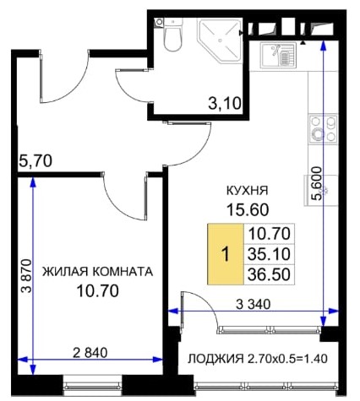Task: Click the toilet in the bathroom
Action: point(172,35)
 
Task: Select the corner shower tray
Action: point(219,40)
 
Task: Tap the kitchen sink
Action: point(278,55)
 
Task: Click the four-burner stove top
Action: point(323,129)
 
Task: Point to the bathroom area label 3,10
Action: point(225,104)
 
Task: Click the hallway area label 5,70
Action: point(35,161)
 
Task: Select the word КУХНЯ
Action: point(248,191)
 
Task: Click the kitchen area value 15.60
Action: point(248,209)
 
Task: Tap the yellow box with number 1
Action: point(226,254)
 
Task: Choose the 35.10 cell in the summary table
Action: point(269,254)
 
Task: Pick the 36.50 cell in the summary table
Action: point(269,274)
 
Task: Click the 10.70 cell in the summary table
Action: point(269,234)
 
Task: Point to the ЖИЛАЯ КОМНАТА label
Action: point(97,272)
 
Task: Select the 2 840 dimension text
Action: point(90,353)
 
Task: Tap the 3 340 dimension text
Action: point(253,304)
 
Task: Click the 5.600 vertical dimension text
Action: point(317,183)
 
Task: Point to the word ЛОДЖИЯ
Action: point(215,359)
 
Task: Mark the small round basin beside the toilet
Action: point(159,23)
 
